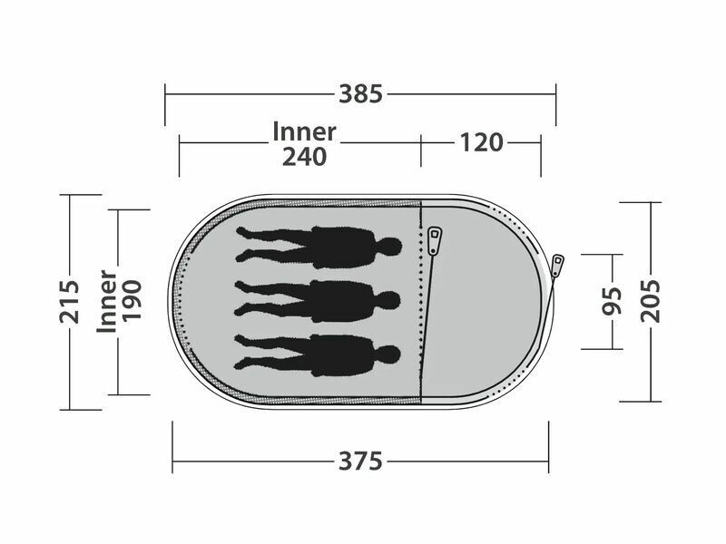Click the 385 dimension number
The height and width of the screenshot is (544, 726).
coord(360,94)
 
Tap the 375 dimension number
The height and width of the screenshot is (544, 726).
coord(360,461)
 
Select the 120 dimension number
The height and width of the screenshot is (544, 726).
coord(481,142)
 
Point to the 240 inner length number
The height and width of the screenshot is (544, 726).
coord(304,157)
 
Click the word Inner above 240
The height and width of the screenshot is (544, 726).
coord(304,131)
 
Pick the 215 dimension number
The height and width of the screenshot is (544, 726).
coord(70,302)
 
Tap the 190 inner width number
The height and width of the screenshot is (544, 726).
coord(131,301)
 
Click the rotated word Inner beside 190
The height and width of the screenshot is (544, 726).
coord(106,301)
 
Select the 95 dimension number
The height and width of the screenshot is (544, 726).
coord(612,301)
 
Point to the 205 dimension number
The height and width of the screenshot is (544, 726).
coord(651,301)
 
